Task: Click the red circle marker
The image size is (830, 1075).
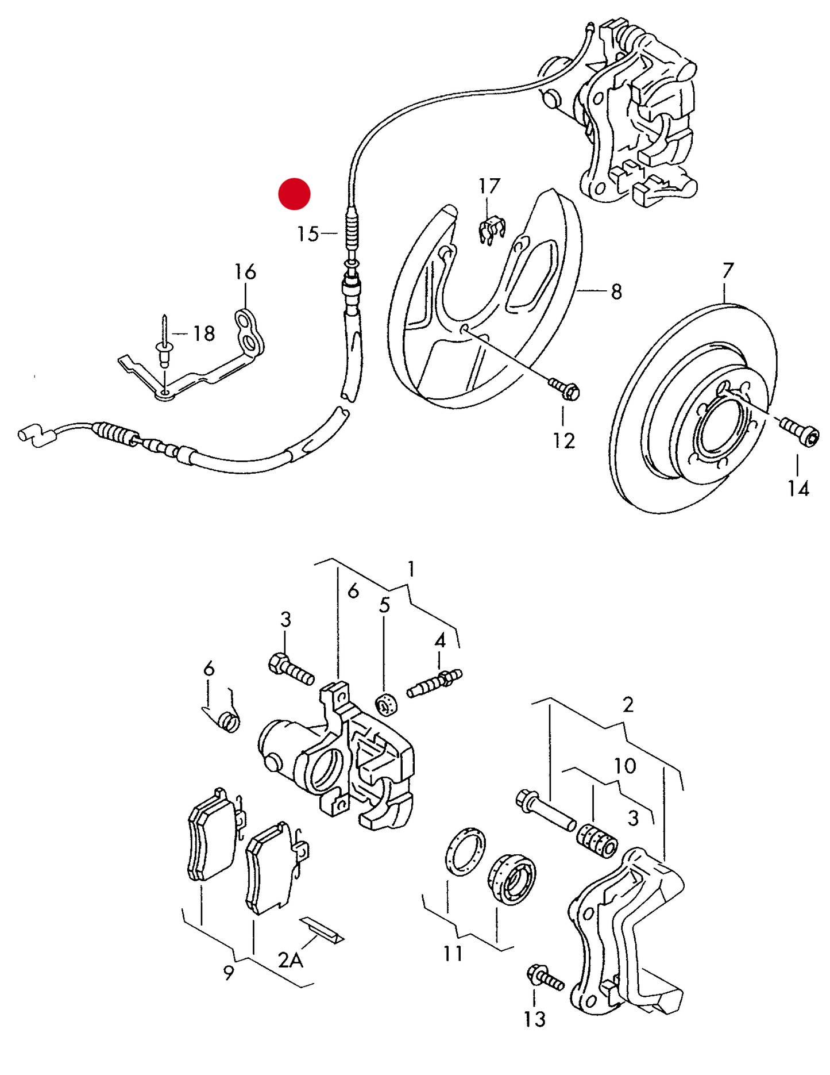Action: (x=294, y=193)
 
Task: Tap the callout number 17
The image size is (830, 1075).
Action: (x=489, y=186)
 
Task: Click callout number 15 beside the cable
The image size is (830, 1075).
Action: (x=308, y=234)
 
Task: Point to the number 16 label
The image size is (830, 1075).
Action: (x=245, y=272)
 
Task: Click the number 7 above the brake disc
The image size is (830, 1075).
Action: (x=728, y=270)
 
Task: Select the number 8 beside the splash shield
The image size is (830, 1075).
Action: (x=616, y=292)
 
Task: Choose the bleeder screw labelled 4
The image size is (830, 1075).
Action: (x=434, y=682)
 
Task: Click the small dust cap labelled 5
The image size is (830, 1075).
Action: (x=387, y=704)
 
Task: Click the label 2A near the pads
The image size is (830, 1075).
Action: (x=290, y=959)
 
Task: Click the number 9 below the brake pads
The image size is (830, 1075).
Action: (x=229, y=973)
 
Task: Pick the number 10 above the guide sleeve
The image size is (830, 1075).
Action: (x=625, y=766)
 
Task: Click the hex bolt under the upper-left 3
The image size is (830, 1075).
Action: (x=290, y=669)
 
